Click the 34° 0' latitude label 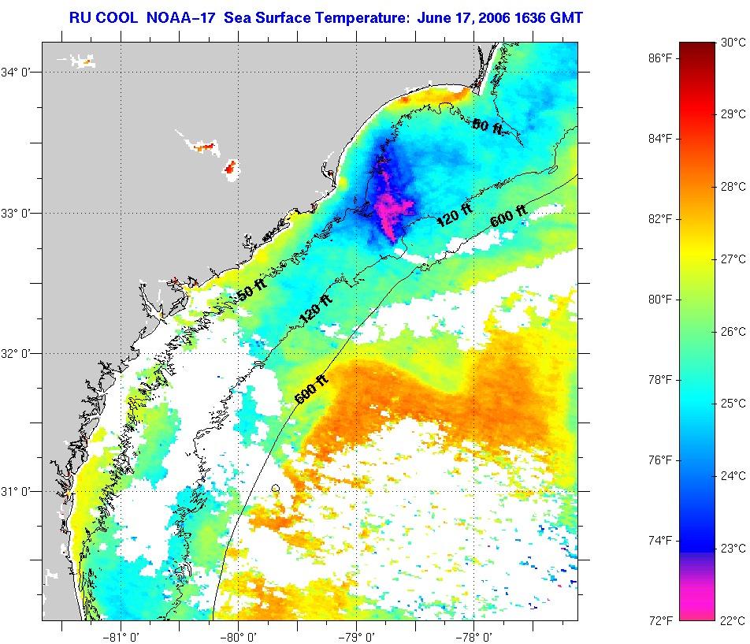click(17, 73)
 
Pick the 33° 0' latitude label click(17, 213)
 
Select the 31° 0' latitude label click(17, 491)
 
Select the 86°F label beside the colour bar click(660, 58)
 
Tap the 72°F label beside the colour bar click(660, 620)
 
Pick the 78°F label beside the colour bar click(660, 380)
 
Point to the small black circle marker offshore click(275, 489)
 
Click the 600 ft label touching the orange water click(310, 388)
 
